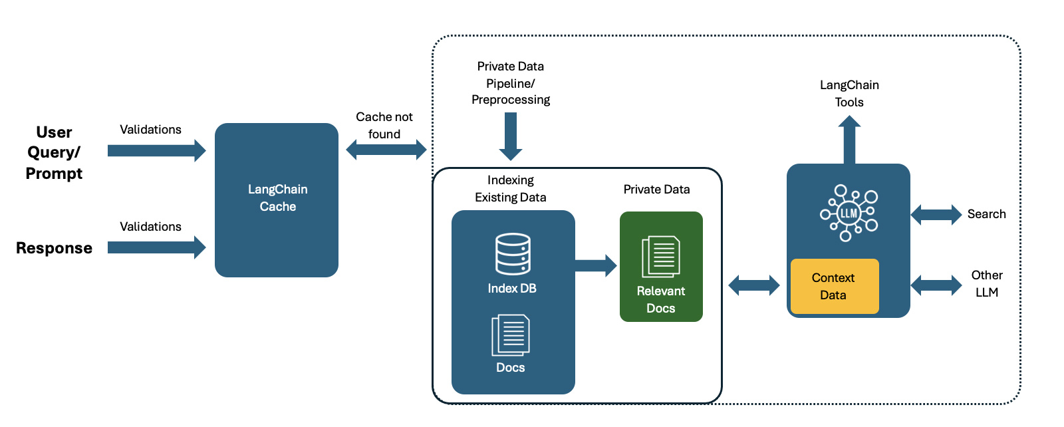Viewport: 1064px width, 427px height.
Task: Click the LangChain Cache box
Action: pos(276,200)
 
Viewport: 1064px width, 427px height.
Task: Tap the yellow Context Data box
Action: pos(834,286)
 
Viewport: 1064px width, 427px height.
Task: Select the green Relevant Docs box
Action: pos(660,267)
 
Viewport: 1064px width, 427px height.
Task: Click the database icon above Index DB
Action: pos(513,253)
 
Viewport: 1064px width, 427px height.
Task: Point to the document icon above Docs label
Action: pos(511,335)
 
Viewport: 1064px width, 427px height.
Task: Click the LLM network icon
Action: pos(849,213)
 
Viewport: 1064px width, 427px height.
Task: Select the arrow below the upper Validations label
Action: pos(156,150)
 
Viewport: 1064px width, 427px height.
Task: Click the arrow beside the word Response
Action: pos(156,247)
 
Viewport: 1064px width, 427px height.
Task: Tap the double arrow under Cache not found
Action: pos(386,150)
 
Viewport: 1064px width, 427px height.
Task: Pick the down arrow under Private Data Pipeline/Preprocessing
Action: pos(511,136)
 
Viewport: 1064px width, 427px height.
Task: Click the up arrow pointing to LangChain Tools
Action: pos(849,140)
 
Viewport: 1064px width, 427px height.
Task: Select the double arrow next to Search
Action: pos(936,214)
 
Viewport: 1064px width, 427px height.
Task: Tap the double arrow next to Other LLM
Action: pos(936,285)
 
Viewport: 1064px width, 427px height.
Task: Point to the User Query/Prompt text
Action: pos(54,152)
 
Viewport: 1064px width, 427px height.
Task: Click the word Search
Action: pos(986,214)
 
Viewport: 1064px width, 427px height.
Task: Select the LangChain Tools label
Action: pos(849,93)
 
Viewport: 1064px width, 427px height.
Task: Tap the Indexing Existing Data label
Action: pos(511,188)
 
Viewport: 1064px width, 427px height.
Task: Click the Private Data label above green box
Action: pos(656,190)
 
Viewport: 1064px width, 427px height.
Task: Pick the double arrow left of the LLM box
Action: pos(753,285)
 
